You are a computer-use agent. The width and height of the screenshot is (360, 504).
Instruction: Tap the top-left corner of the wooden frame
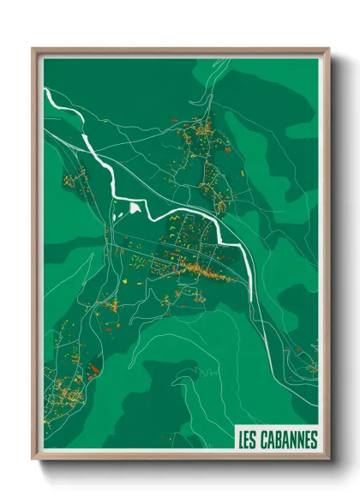coord(33,49)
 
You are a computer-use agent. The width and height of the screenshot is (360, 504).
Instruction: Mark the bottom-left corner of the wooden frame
coord(33,458)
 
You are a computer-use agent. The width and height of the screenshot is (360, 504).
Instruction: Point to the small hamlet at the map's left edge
coord(70,181)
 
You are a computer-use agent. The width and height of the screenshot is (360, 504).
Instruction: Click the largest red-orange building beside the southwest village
coord(93,370)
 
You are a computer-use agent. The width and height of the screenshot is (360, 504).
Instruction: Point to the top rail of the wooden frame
coord(180,51)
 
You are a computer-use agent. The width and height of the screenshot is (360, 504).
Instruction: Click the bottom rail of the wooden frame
coord(180,455)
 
